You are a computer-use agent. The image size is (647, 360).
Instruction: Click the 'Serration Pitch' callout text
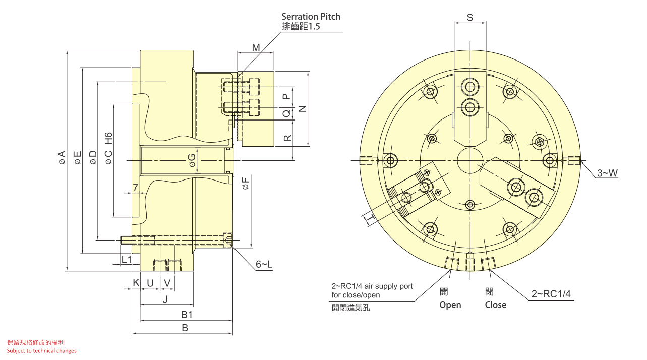311,17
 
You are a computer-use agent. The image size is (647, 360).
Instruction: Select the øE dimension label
77,157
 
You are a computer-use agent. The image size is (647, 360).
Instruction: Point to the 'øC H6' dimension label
108,148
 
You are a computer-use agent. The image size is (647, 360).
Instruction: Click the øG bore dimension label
192,160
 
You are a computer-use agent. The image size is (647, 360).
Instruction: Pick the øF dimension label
245,183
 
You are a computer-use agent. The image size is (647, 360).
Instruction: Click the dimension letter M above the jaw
256,48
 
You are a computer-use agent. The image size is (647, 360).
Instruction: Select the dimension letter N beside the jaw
302,108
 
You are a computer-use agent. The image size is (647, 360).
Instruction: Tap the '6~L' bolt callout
264,264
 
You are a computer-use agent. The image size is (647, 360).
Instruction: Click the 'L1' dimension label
127,260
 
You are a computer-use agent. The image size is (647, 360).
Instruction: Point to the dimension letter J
165,299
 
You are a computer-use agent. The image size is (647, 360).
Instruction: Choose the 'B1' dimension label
187,315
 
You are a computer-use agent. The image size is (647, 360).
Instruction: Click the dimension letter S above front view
469,18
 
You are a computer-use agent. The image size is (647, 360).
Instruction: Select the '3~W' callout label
607,173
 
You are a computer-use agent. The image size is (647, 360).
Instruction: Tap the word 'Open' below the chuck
450,305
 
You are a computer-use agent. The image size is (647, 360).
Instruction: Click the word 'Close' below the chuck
495,305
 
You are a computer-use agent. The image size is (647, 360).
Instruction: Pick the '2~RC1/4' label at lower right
551,294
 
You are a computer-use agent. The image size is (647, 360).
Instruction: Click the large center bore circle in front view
470,161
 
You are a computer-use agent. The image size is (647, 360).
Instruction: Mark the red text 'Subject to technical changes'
42,351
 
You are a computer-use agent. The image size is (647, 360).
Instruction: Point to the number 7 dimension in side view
135,188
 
